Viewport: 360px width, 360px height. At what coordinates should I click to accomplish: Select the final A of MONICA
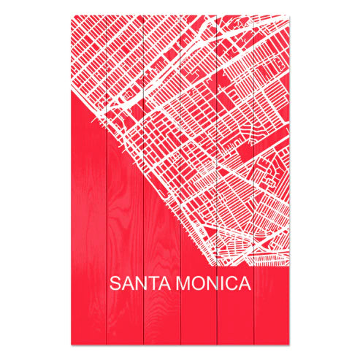244,283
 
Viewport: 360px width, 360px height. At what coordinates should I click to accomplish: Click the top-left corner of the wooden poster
71,15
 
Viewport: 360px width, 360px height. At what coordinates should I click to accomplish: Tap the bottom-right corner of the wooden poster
288,343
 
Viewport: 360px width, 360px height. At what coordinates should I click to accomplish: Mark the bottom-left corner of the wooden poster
71,343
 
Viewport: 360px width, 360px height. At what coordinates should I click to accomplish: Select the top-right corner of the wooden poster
288,15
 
